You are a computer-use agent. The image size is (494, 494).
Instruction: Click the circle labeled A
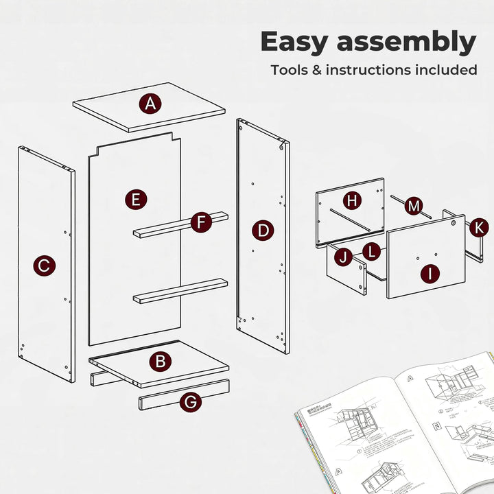(150, 104)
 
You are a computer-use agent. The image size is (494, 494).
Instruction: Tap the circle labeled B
(161, 360)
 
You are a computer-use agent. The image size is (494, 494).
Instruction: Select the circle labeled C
(44, 266)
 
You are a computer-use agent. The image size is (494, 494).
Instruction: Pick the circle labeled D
(263, 231)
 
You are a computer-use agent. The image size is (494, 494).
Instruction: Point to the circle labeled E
(136, 200)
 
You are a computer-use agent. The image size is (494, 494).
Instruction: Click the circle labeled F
(200, 222)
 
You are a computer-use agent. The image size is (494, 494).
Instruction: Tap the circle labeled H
(352, 200)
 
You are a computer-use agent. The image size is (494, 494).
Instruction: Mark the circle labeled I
(430, 274)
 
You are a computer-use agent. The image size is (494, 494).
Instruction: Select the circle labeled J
(343, 258)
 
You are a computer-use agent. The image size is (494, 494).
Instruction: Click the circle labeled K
(480, 227)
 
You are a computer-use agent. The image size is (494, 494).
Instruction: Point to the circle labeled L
(371, 251)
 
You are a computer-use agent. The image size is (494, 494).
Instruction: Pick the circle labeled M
(413, 205)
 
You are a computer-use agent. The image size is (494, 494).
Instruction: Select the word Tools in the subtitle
(290, 70)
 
